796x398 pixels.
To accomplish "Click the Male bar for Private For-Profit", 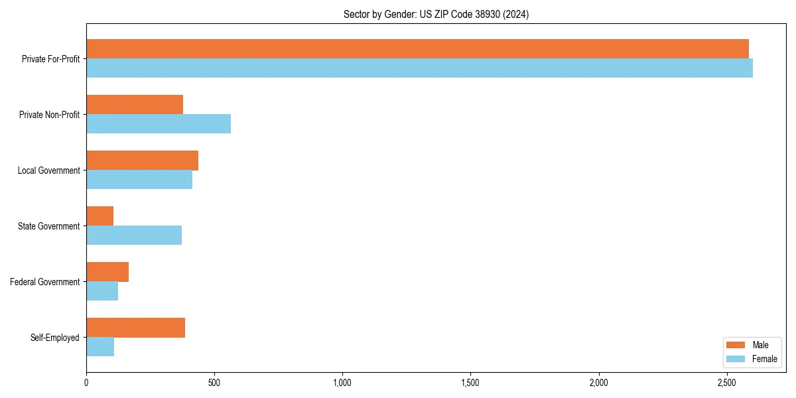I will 417,49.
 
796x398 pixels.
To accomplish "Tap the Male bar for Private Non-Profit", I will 135,105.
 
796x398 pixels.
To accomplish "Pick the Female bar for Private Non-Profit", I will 159,124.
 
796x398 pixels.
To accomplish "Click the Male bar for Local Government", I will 142,161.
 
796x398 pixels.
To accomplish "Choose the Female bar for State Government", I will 134,235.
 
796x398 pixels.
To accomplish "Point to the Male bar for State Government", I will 99,216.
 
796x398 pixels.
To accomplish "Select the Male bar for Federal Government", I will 107,272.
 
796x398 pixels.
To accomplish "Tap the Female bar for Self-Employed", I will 100,347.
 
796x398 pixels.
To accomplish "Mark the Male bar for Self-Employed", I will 135,328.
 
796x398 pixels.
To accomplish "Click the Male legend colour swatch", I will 736,345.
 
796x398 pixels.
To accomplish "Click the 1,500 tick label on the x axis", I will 470,383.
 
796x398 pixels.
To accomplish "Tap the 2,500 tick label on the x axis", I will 726,383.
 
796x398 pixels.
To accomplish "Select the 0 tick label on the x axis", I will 86,383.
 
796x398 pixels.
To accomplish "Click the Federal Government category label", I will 45,282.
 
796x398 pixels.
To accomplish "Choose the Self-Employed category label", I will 55,338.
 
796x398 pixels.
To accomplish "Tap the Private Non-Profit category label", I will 50,115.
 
